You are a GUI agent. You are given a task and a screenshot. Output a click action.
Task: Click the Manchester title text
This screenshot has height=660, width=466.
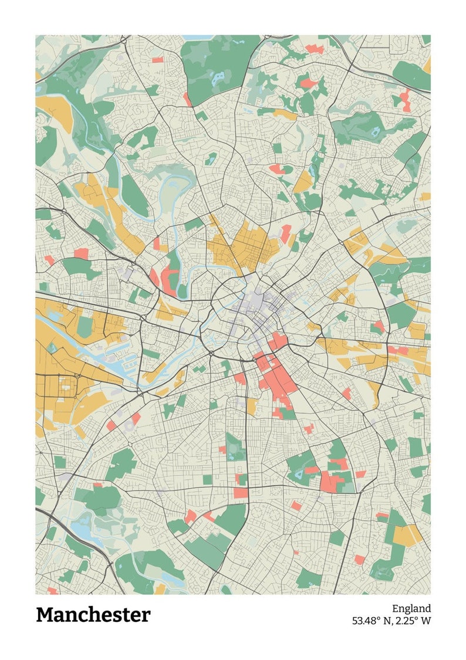pos(93,615)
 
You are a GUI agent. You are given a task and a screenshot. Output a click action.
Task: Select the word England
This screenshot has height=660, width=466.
pos(411,608)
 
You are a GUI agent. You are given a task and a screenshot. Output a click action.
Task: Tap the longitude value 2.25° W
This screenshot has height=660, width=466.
pos(414,620)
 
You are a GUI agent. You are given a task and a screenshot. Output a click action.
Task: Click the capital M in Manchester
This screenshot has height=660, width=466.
pos(45,615)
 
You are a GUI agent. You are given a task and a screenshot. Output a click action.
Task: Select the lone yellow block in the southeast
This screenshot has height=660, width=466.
pos(406,534)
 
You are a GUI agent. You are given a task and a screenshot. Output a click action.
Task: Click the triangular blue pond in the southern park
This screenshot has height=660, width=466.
pos(300,473)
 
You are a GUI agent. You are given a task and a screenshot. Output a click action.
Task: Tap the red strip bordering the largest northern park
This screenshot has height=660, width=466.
pos(187,99)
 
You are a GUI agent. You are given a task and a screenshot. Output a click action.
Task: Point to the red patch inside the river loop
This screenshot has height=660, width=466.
pos(169,279)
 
